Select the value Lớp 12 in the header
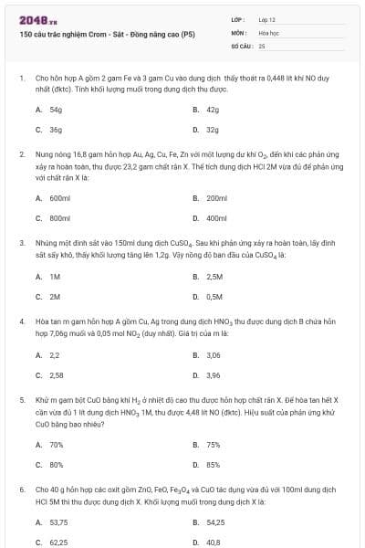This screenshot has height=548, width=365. [x=266, y=19]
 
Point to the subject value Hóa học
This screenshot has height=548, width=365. [x=267, y=32]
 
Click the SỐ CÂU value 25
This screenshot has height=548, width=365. [x=262, y=45]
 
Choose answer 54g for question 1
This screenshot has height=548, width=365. [x=55, y=109]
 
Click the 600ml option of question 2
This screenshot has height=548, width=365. [x=59, y=197]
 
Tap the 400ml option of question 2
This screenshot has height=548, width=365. [x=216, y=218]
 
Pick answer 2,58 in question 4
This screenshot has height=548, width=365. [x=56, y=375]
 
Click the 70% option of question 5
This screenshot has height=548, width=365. [x=56, y=444]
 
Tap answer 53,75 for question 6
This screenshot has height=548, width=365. [x=58, y=522]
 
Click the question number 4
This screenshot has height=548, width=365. [x=21, y=321]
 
